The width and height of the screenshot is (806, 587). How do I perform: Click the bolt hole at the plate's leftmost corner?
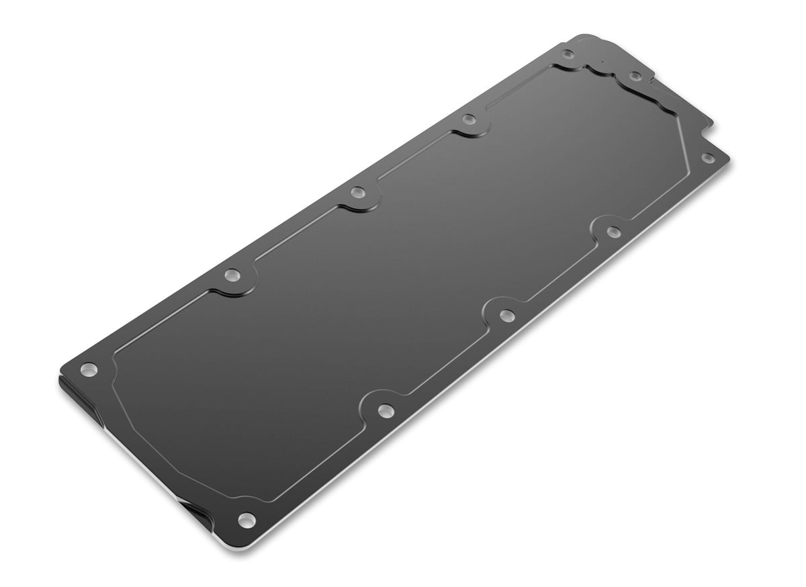click(88, 369)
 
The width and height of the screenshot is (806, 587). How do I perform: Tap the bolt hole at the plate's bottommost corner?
click(246, 518)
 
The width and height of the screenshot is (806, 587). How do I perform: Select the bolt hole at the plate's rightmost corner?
click(707, 158)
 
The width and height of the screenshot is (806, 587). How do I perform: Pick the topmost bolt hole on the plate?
click(568, 54)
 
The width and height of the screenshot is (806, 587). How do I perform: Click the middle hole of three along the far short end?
click(635, 76)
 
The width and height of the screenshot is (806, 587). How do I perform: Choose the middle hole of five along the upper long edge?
click(357, 193)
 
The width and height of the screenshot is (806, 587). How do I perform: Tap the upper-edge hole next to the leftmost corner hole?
click(232, 274)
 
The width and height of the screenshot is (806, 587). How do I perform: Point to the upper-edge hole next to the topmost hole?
click(469, 120)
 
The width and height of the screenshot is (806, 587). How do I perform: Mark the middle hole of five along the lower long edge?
click(507, 314)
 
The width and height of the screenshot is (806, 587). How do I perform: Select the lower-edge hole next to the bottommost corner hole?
click(385, 410)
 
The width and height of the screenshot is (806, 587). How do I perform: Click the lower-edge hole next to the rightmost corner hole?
click(613, 232)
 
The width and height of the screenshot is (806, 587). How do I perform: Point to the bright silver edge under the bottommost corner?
click(255, 541)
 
